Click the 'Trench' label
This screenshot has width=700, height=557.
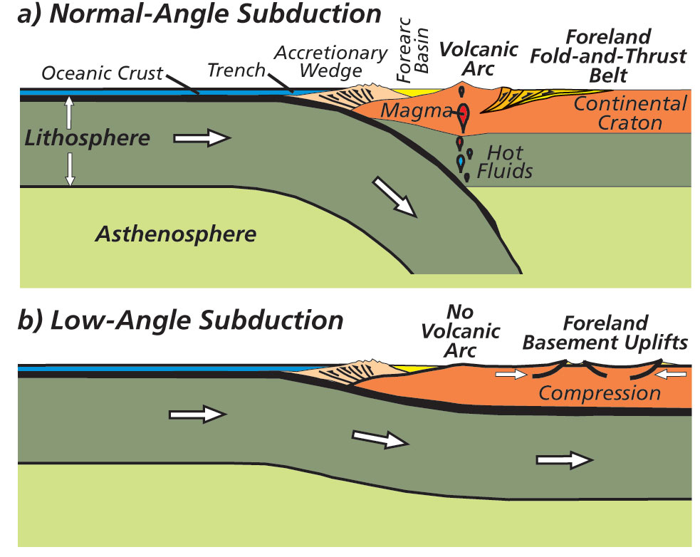tap(236, 70)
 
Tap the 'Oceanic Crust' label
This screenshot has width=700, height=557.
tap(103, 73)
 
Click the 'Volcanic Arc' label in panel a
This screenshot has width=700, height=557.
tap(468, 60)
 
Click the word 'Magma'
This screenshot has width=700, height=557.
tap(406, 110)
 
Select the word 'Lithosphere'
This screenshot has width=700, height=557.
tap(88, 137)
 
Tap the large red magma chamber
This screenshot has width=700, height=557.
tap(464, 115)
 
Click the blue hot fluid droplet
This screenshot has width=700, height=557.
tap(462, 163)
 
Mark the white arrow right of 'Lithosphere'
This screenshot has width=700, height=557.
tap(210, 137)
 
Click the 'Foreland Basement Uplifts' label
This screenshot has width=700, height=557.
tap(605, 333)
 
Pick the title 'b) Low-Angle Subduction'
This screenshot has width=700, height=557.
tap(181, 320)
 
